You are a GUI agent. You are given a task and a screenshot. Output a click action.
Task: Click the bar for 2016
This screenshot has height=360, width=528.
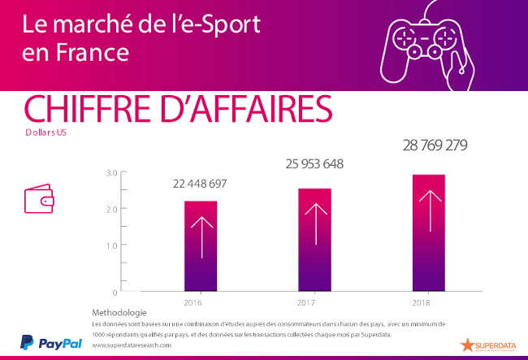(x=200, y=245)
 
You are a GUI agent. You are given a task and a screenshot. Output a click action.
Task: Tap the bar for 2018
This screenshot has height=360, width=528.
(x=428, y=232)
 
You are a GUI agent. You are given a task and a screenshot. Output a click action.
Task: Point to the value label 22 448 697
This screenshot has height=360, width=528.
(x=200, y=184)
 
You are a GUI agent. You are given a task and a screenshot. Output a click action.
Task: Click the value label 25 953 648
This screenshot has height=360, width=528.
(x=314, y=164)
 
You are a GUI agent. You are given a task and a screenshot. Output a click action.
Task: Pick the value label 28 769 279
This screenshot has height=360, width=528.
(x=435, y=146)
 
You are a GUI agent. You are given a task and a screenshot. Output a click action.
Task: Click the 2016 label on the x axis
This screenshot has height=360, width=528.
(x=193, y=303)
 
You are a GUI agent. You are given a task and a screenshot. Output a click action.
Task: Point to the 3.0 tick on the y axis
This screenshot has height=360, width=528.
(x=112, y=172)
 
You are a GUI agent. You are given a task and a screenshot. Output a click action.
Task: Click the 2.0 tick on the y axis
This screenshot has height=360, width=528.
(x=112, y=209)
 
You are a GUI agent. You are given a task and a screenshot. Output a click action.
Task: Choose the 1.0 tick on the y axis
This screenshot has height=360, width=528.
(x=112, y=245)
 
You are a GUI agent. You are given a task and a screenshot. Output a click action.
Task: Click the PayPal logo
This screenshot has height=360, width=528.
(x=50, y=343)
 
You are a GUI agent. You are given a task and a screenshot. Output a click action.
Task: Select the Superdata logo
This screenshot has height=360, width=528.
(x=486, y=344)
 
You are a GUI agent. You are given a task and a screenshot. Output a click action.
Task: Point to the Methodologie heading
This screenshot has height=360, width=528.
(x=119, y=313)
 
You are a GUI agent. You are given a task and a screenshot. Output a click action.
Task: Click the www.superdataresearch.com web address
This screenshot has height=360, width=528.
(x=132, y=345)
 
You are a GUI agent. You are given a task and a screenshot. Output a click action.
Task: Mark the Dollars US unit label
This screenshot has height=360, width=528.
(x=46, y=132)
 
